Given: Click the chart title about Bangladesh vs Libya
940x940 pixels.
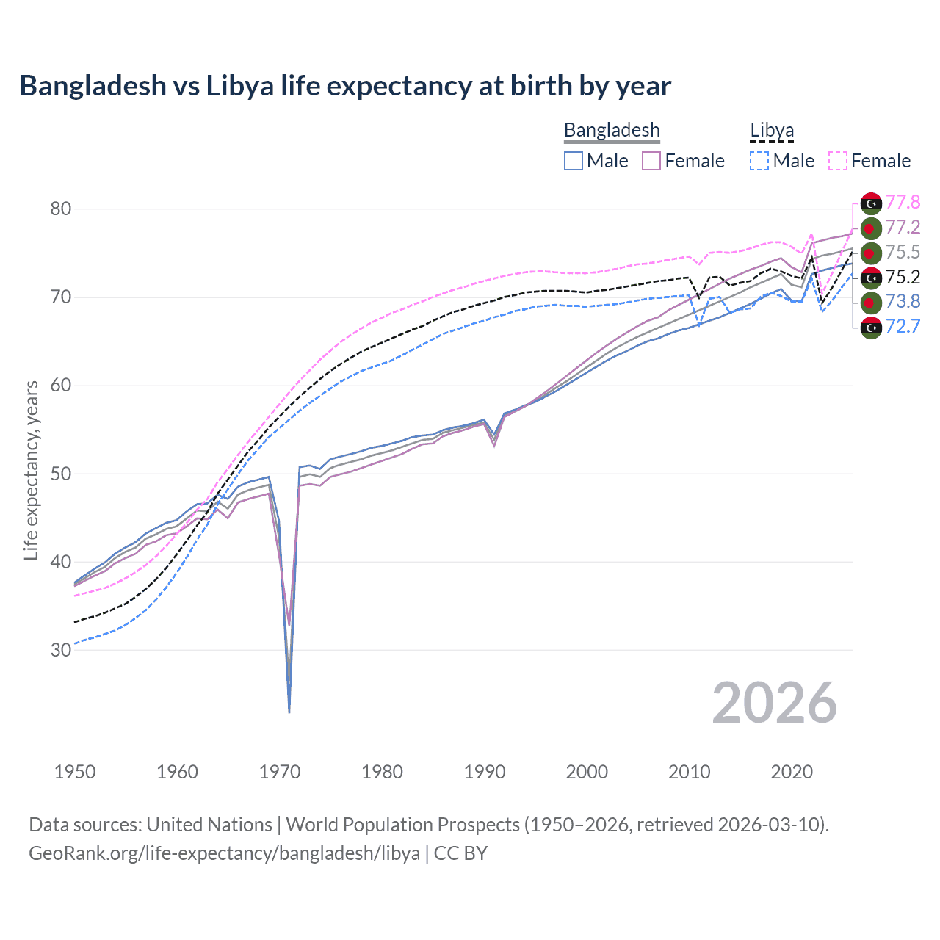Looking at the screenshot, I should coord(345,86).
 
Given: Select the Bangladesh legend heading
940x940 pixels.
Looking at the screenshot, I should coord(612,131).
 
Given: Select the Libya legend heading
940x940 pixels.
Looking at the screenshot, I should coord(772,131).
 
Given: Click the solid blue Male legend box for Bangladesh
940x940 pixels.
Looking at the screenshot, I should coord(574,161).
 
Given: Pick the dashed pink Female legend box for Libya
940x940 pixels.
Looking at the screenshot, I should coord(838,161).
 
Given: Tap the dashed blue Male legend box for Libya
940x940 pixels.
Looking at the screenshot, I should coord(759,161).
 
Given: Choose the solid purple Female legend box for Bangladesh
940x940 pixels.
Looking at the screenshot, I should coord(652,161).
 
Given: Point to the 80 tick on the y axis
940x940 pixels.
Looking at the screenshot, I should coord(61,209).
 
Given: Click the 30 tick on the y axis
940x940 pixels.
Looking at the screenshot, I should coord(61,651).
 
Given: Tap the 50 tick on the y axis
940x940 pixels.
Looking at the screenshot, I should coord(61,474).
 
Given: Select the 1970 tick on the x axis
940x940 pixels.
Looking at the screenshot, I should coord(280,772).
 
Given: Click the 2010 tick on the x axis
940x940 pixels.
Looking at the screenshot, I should coord(689,772).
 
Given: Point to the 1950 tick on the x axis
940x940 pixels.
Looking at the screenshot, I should coord(75,772).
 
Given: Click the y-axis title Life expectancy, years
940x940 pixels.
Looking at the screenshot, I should coord(31,470).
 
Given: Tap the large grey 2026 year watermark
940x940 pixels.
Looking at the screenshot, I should coord(774,703).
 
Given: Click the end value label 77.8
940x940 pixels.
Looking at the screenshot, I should coord(903,203).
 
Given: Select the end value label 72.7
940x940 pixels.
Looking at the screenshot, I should coord(903,326).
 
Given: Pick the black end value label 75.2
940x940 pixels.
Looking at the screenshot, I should coord(903,277).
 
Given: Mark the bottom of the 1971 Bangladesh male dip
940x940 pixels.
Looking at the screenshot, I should coord(289,711).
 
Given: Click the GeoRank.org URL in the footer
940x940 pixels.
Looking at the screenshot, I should coord(224,853).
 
